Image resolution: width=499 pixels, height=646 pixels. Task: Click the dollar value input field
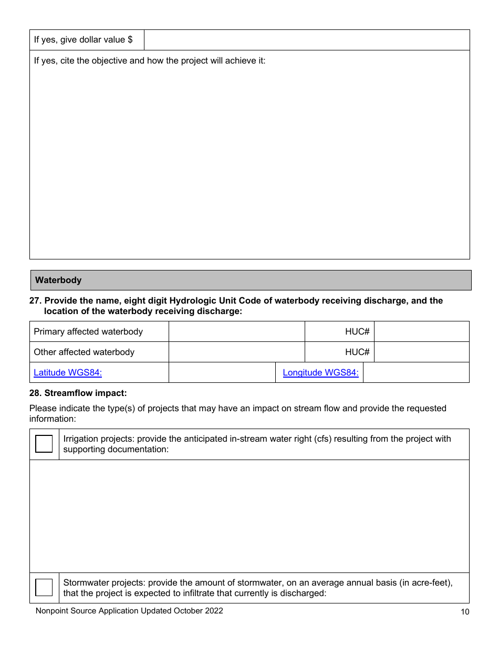306,40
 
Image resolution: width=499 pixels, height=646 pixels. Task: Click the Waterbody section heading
58,280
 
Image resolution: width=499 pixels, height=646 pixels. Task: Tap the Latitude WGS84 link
68,372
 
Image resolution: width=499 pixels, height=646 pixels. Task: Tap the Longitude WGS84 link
320,372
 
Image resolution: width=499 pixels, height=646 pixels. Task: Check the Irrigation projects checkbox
44,444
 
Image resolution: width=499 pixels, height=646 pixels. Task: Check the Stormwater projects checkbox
44,587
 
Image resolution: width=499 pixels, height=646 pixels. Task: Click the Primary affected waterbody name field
236,331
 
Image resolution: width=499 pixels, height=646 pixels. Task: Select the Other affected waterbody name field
236,352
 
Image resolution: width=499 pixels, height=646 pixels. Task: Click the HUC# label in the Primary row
357,331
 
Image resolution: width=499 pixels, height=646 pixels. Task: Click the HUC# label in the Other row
357,352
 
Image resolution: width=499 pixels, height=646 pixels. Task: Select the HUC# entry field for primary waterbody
421,331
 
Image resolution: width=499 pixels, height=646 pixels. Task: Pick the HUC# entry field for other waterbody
421,352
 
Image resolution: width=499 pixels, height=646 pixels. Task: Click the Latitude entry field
222,372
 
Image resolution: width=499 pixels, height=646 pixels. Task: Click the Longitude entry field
415,372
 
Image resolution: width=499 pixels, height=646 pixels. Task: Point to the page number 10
464,611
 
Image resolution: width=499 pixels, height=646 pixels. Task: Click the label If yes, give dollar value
83,40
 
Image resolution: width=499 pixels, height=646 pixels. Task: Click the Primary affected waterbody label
88,331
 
